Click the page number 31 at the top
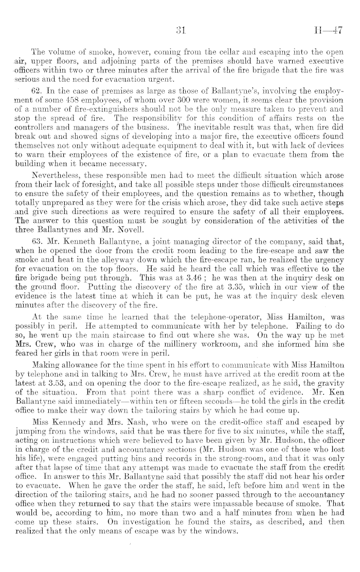(179, 31)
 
